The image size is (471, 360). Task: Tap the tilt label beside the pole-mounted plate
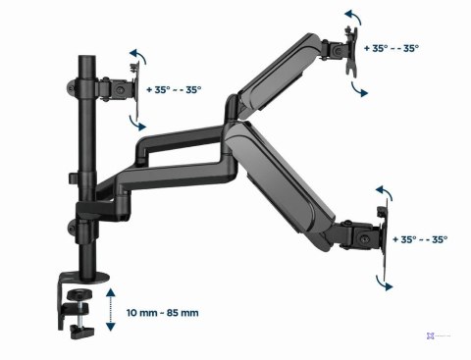pyautogui.click(x=175, y=89)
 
